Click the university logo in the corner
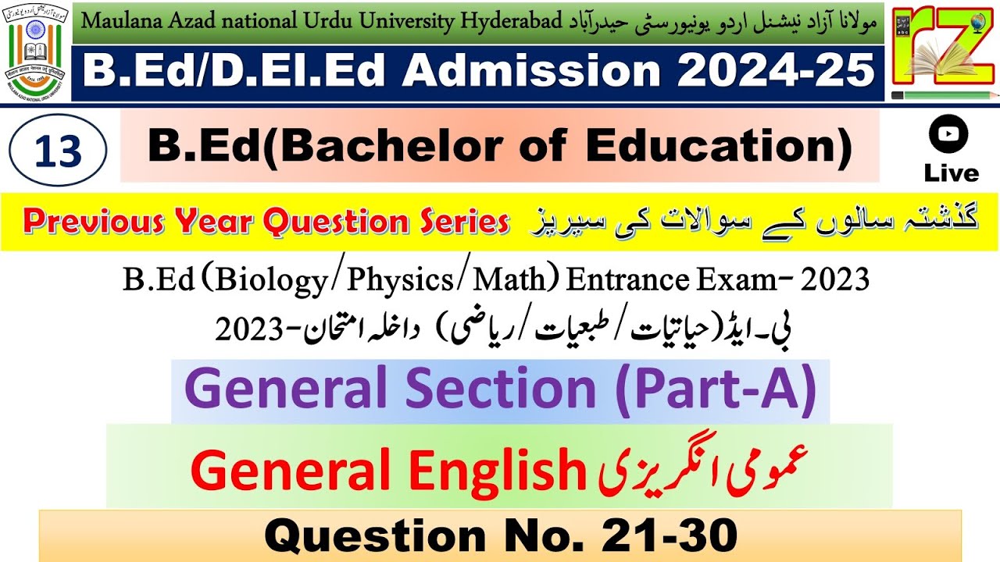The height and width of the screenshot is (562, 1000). [x=36, y=52]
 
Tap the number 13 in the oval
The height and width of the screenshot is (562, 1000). [x=59, y=151]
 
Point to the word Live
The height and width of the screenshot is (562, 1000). [x=951, y=173]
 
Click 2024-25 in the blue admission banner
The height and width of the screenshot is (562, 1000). [x=776, y=72]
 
